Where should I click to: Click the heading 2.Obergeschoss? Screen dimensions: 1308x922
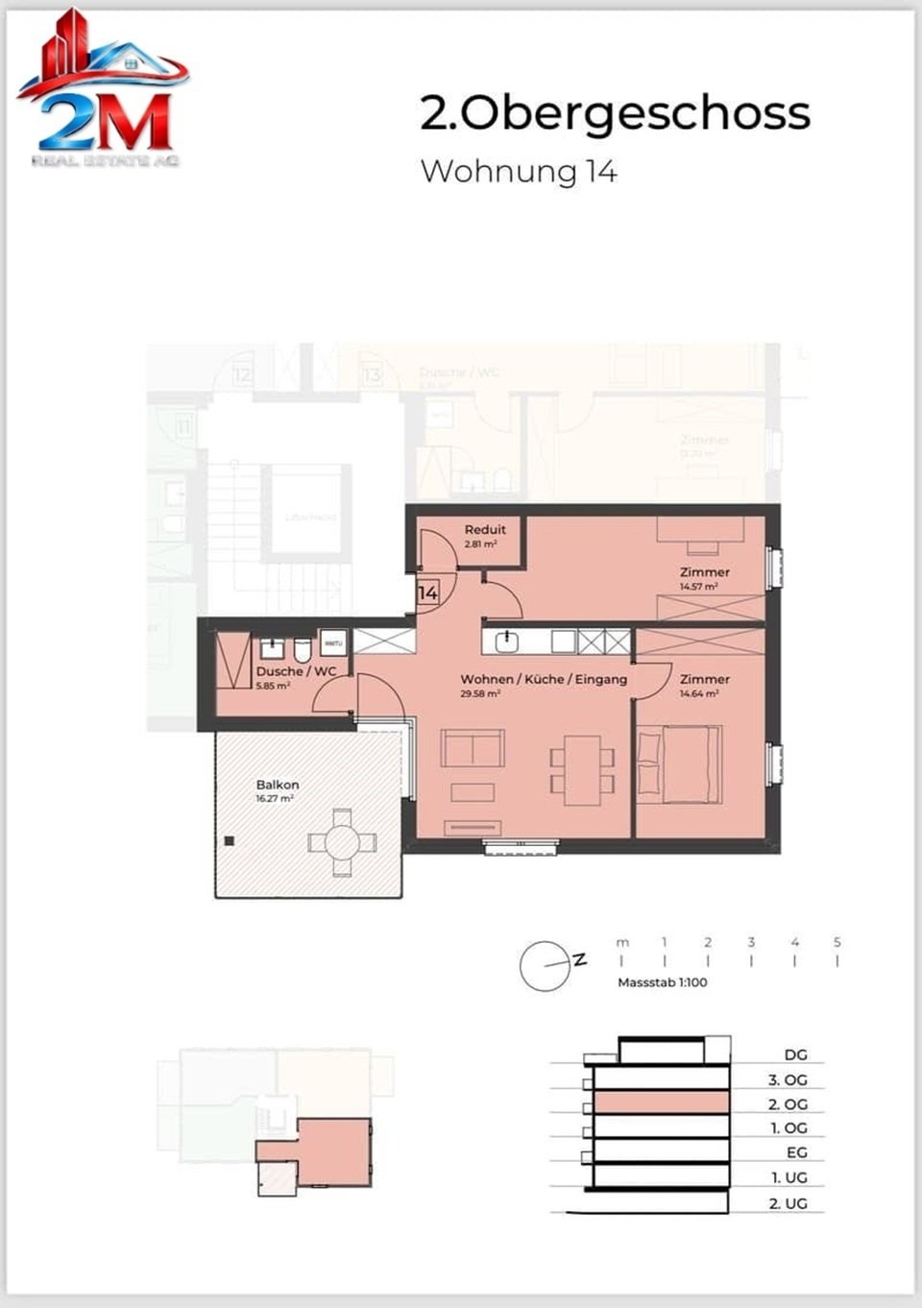(x=615, y=113)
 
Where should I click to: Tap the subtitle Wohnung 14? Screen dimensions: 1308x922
(x=519, y=171)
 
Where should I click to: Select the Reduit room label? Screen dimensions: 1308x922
(x=485, y=529)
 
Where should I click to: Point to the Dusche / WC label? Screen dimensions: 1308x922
(x=296, y=671)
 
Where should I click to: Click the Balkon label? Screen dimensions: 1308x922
(x=278, y=785)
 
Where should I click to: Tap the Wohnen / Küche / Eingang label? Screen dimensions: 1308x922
(x=544, y=679)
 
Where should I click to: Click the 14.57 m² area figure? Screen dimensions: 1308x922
(x=698, y=586)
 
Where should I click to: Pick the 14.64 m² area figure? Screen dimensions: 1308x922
(x=698, y=693)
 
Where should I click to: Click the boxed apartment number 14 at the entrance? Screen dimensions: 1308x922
(x=427, y=593)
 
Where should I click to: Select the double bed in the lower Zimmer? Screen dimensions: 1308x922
(x=678, y=763)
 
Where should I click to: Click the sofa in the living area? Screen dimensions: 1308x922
(x=473, y=748)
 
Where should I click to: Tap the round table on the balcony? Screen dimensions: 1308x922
(x=342, y=842)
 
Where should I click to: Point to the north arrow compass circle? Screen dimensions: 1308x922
(x=545, y=965)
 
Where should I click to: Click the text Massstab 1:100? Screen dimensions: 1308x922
(x=663, y=982)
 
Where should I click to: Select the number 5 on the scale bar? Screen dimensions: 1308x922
(x=837, y=942)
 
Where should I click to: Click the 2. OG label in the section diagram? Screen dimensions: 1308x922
(x=788, y=1104)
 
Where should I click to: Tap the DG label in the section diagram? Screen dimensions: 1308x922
(x=795, y=1054)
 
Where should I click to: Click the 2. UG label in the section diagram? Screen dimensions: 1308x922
(x=788, y=1203)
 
